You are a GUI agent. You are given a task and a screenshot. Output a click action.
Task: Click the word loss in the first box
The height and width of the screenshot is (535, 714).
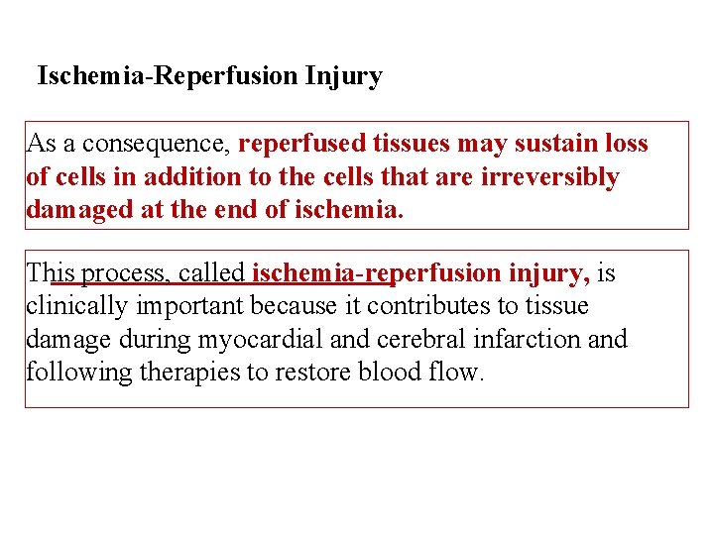pyautogui.click(x=626, y=145)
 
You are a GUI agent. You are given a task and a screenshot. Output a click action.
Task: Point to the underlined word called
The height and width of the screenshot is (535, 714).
pyautogui.click(x=211, y=273)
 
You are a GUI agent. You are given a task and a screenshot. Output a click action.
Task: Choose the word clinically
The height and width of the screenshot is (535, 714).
pyautogui.click(x=72, y=307)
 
